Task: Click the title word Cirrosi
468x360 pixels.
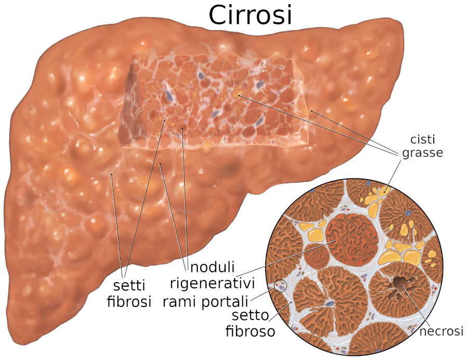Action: point(250,15)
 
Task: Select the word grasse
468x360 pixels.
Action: point(422,153)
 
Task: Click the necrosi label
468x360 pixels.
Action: point(441,331)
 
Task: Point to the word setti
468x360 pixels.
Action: point(129,286)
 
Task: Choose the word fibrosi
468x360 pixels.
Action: point(129,301)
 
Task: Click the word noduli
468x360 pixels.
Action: point(212,266)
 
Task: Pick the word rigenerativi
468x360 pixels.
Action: point(212,283)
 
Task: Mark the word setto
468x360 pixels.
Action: point(250,315)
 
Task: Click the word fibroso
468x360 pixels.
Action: point(250,331)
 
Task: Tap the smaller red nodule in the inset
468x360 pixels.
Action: point(316,256)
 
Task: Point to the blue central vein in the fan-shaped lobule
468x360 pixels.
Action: point(329,303)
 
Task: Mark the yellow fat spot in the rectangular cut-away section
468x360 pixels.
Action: point(238,94)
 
